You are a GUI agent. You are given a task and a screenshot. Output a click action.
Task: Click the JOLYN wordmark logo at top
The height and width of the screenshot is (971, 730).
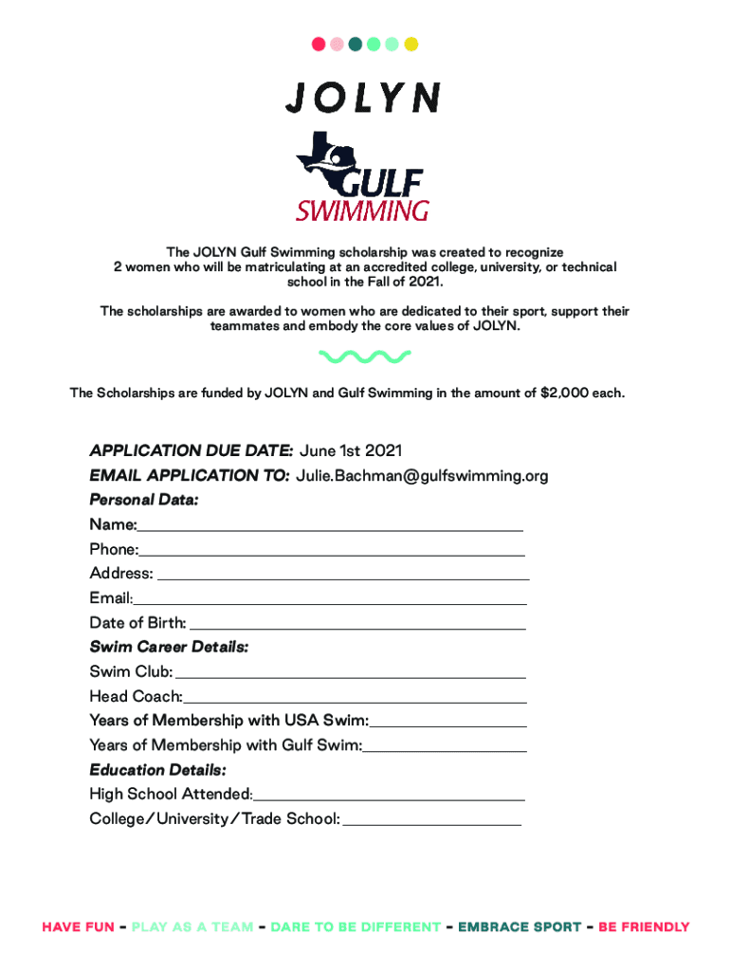tap(363, 98)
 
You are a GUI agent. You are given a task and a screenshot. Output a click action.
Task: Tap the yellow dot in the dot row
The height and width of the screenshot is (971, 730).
tap(411, 44)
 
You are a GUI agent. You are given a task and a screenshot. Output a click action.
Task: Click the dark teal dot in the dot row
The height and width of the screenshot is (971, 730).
tap(356, 44)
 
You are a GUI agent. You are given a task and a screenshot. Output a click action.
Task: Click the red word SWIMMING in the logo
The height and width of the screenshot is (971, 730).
tap(363, 210)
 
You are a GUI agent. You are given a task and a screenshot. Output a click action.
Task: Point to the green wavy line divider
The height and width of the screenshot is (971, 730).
tap(365, 357)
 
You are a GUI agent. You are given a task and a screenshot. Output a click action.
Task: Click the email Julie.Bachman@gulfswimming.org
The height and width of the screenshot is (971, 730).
tap(422, 475)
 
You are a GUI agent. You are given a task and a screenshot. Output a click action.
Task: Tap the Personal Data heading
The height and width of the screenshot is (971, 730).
tap(144, 500)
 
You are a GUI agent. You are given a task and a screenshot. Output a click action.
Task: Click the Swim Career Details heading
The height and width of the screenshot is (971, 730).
tap(169, 648)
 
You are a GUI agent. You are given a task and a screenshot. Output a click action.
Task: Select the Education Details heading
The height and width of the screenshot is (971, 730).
tap(157, 770)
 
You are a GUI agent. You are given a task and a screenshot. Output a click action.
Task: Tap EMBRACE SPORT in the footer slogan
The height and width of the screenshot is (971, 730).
tap(520, 927)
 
